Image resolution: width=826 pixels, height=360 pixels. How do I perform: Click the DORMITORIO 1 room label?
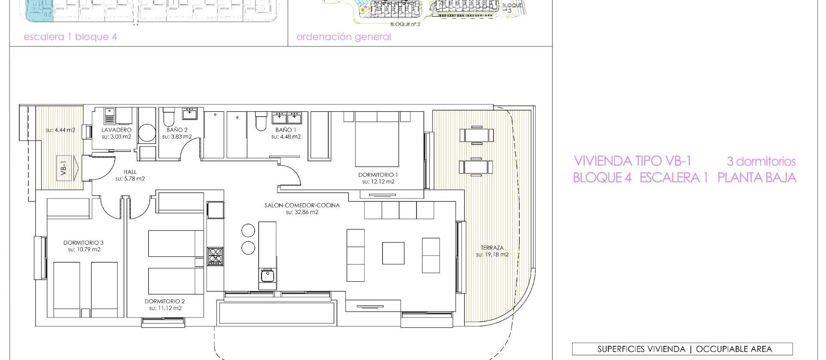pos(378,175)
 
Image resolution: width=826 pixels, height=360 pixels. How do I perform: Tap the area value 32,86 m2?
pos(302,212)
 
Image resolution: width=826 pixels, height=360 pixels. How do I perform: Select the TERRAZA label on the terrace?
pos(492,248)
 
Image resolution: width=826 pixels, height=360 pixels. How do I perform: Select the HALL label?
pos(130,172)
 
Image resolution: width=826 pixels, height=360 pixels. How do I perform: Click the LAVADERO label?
pos(117,129)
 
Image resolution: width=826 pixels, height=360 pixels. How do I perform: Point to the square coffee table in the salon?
pos(393,253)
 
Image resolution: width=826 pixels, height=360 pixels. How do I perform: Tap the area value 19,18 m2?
pos(492,255)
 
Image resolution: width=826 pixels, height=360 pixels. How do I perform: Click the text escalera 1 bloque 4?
pos(70,37)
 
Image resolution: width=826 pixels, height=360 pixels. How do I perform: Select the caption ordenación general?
pos(344,37)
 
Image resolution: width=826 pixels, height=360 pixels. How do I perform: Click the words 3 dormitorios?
pos(761,162)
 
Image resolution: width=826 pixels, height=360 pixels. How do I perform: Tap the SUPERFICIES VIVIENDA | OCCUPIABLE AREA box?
pos(682,349)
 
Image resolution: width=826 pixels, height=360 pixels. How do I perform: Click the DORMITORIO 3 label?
pos(83,243)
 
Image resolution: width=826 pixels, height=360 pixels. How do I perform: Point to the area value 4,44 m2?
pos(60,130)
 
